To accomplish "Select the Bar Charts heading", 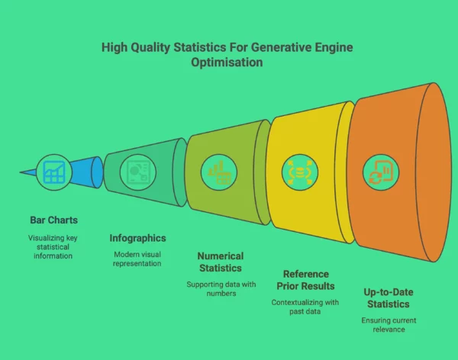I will pyautogui.click(x=53, y=220).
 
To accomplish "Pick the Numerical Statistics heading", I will pyautogui.click(x=220, y=262).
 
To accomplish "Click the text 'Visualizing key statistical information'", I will pyautogui.click(x=53, y=246).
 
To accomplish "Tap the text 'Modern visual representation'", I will pyautogui.click(x=138, y=258).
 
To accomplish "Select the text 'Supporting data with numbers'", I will pyautogui.click(x=220, y=289).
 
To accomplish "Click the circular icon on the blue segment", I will pyautogui.click(x=53, y=172).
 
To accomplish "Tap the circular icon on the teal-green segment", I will pyautogui.click(x=139, y=170).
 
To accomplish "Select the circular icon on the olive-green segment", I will pyautogui.click(x=218, y=170).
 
